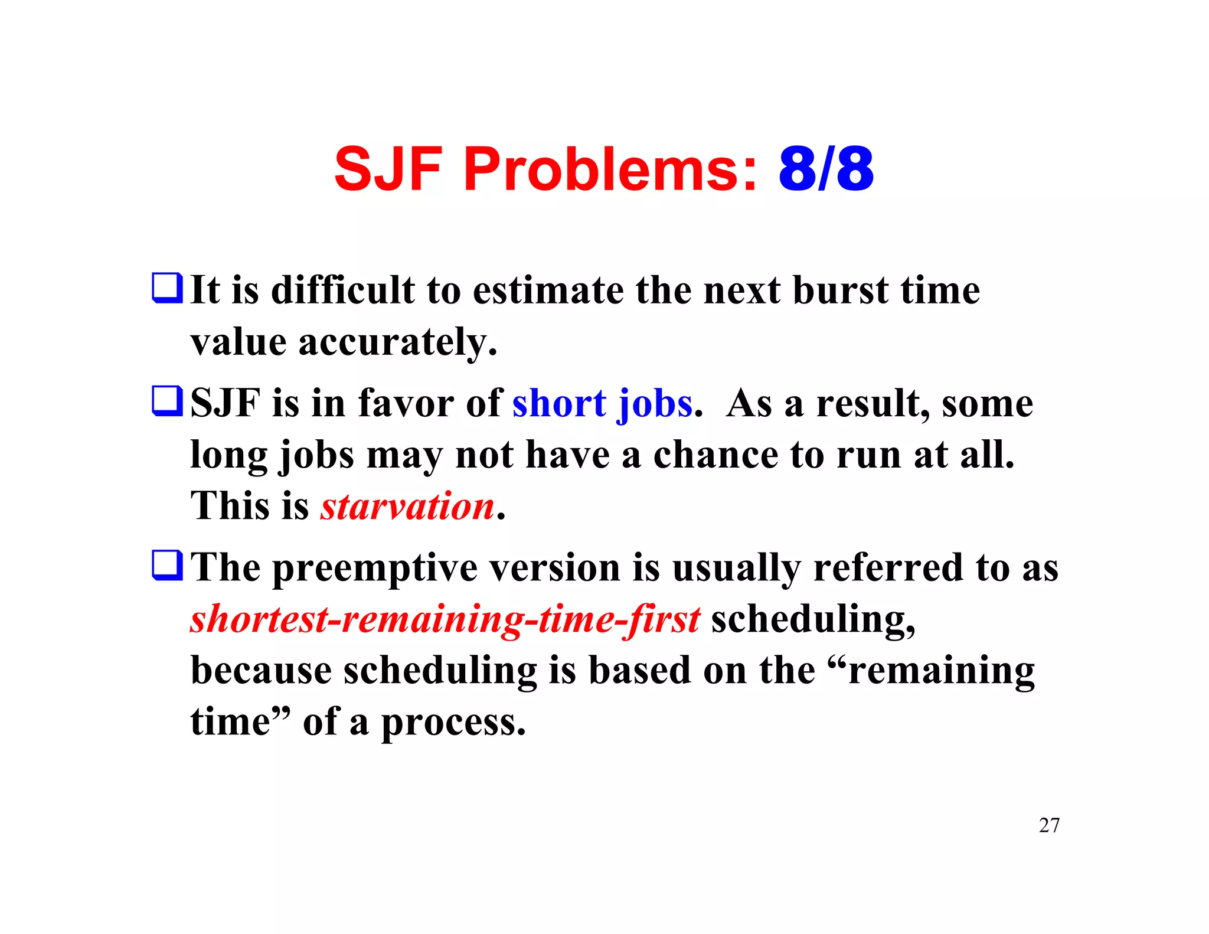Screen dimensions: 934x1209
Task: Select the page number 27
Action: [x=1049, y=825]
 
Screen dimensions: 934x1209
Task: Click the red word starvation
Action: [x=407, y=507]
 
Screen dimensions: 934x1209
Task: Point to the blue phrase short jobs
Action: [x=602, y=404]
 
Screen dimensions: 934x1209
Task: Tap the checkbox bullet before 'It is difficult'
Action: [x=167, y=288]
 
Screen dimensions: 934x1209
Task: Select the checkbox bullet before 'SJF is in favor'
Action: [x=167, y=401]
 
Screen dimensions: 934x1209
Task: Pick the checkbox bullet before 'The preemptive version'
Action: [x=167, y=565]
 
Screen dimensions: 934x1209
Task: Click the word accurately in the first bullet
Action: [x=397, y=342]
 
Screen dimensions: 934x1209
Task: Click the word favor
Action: [x=406, y=404]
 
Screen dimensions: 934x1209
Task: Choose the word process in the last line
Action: [x=453, y=723]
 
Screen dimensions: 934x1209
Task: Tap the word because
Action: [x=261, y=671]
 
